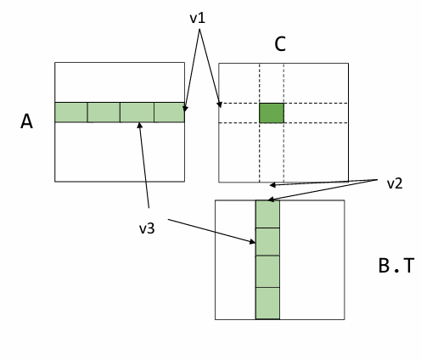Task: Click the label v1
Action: coord(198,19)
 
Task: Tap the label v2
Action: coord(395,183)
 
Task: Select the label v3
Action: coord(147,228)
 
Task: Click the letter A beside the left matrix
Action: coord(26,121)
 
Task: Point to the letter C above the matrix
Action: coord(280,44)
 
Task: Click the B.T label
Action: coord(396,266)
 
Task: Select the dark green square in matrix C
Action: coord(272,113)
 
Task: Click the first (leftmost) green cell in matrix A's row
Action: coord(71,112)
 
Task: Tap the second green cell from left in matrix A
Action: coord(104,112)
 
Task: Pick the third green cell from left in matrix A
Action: coord(138,112)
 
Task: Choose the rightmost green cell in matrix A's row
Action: coord(169,112)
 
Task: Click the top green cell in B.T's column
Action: coord(267,214)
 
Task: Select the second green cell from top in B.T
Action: coord(267,241)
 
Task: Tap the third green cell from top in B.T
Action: coord(267,271)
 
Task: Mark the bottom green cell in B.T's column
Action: coord(267,303)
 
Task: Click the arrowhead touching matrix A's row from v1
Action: coord(185,109)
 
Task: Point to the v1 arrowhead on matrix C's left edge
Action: coord(220,104)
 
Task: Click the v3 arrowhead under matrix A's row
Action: coord(139,125)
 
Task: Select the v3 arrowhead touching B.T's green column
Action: coord(252,241)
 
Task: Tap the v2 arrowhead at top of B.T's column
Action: coord(271,200)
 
